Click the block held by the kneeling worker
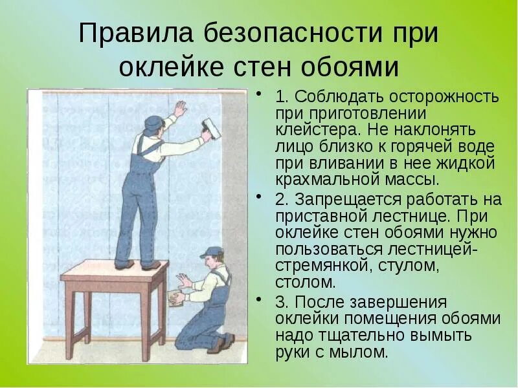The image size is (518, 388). tap(174, 297)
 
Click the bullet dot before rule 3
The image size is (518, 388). tap(259, 300)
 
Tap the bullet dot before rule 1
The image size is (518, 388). tap(259, 95)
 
